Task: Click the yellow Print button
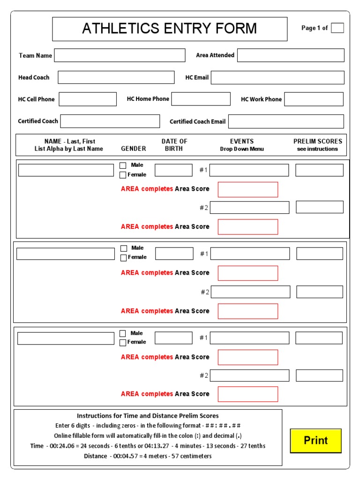(315, 441)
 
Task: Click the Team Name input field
(120, 55)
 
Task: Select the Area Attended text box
(290, 55)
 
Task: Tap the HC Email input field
(277, 77)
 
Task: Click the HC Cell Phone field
(88, 99)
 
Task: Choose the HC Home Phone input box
(201, 99)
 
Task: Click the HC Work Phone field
(314, 99)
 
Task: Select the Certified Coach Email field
(285, 121)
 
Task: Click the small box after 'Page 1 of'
(337, 28)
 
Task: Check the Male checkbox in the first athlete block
(123, 165)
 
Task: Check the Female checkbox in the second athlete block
(123, 257)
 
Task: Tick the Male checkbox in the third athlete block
(123, 333)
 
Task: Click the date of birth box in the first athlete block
(173, 170)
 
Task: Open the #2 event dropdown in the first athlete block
(249, 208)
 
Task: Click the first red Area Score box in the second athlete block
(247, 273)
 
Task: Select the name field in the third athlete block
(66, 338)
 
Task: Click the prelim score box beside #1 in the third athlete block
(319, 338)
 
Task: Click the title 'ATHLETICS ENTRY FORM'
(169, 29)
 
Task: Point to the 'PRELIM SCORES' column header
(318, 141)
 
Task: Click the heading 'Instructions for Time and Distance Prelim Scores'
(148, 416)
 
